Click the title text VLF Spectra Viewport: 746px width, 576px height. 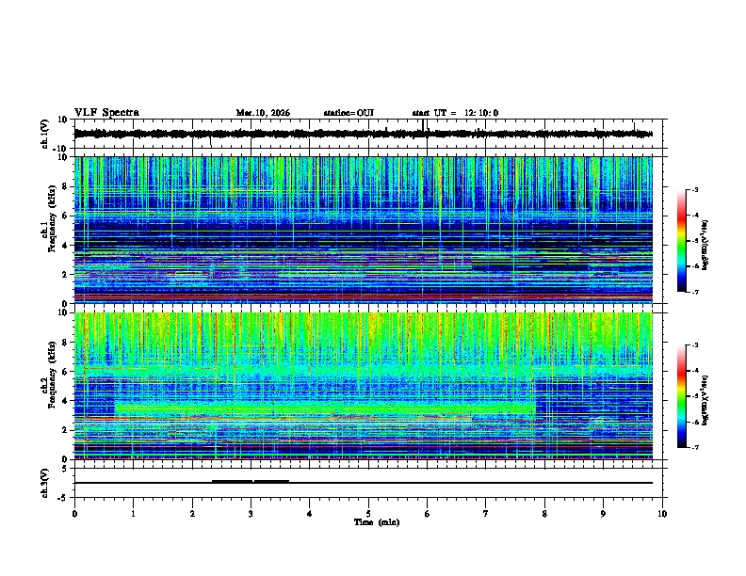tap(106, 113)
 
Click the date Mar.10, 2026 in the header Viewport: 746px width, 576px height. tap(263, 113)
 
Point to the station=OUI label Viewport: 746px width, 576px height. tap(349, 113)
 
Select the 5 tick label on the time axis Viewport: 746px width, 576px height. tap(368, 513)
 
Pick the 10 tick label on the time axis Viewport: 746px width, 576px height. tap(662, 513)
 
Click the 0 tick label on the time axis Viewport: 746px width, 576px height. tap(74, 513)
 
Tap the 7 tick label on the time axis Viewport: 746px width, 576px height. tap(486, 513)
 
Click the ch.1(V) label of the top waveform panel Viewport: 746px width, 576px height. tap(45, 134)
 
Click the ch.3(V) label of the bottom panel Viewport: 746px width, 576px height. tap(45, 481)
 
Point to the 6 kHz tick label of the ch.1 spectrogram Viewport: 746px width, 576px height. tap(65, 216)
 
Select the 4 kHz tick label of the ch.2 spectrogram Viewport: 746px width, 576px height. tap(65, 401)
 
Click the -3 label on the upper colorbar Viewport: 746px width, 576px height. tap(695, 191)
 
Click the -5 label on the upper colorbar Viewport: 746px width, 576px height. tap(695, 242)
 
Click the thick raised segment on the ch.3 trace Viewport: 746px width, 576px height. tap(250, 481)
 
